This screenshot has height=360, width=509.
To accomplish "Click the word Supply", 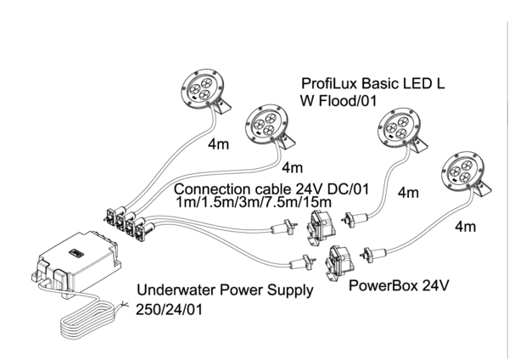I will click(x=285, y=290).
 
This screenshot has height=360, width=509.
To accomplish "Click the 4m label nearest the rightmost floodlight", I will click(x=466, y=227).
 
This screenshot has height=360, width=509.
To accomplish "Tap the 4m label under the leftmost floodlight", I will click(x=219, y=144).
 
